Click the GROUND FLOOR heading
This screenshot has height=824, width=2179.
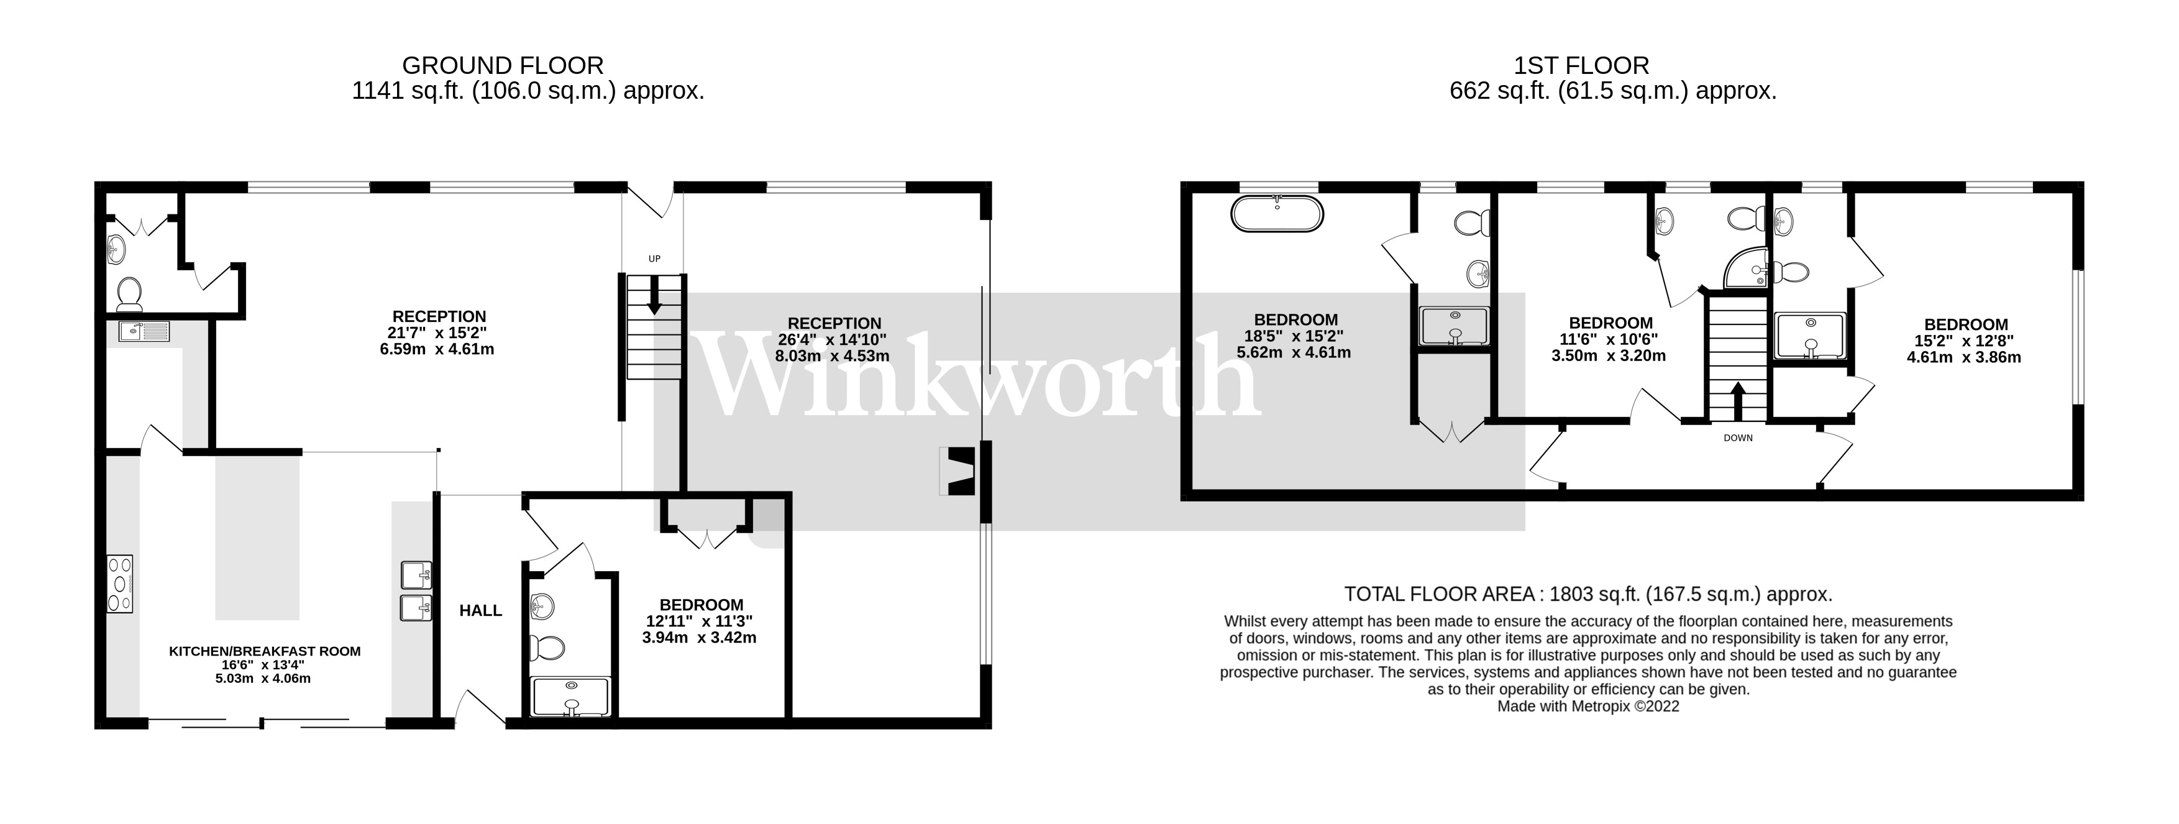point(503,65)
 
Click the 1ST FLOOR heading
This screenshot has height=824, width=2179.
point(1581,65)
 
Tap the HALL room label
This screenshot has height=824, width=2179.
point(480,610)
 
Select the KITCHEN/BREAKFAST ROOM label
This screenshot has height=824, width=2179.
point(265,651)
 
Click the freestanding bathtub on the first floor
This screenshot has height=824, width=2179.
point(1276,213)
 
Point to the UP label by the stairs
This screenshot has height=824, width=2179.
point(654,259)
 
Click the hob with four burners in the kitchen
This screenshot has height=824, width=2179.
point(119,583)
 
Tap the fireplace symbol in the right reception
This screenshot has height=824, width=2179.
point(958,471)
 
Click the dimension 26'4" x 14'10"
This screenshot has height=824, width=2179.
point(833,340)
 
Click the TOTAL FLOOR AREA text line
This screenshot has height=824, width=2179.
point(1587,594)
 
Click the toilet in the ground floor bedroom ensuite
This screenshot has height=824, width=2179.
point(546,648)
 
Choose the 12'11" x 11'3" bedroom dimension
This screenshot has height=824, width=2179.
point(700,621)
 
